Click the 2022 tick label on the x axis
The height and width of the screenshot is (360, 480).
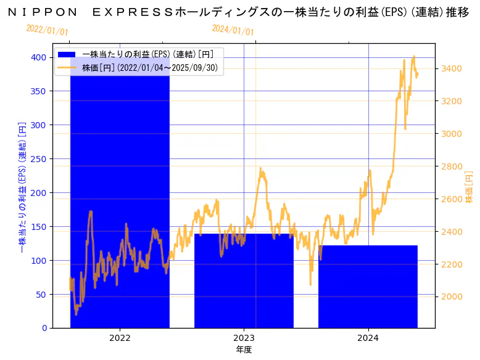[x=120, y=338]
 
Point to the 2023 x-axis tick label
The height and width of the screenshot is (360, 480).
[x=244, y=338]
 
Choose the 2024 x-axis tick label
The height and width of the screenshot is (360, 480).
[x=368, y=338]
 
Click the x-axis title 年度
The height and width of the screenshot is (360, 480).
[x=244, y=350]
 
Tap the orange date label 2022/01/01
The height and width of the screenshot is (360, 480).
[x=48, y=30]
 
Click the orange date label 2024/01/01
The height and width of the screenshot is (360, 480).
[x=233, y=30]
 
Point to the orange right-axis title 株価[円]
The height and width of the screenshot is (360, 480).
[x=469, y=187]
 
